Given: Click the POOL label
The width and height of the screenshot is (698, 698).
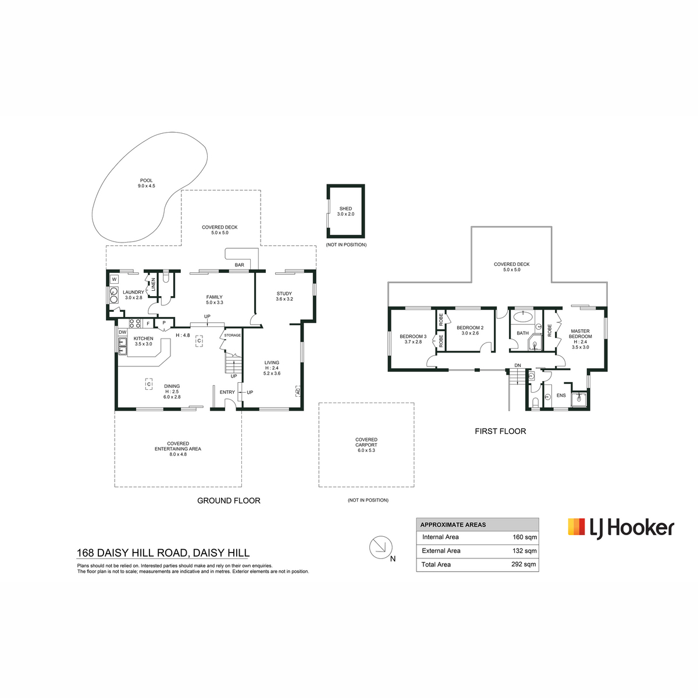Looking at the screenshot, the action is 147,180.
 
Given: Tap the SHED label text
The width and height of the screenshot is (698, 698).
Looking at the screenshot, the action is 346,209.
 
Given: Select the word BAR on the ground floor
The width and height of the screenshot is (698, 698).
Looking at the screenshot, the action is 240,265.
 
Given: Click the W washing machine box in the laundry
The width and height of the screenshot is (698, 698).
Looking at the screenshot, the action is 115,279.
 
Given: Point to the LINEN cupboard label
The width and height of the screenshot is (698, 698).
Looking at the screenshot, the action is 153,284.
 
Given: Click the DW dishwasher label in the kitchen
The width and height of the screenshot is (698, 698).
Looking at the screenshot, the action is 122,332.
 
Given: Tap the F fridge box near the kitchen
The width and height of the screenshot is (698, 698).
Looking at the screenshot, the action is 148,323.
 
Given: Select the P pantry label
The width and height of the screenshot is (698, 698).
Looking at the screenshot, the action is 164,323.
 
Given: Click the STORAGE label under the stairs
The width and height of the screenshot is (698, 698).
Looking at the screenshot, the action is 232,335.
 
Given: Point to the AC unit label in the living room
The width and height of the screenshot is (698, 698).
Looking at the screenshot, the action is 298,391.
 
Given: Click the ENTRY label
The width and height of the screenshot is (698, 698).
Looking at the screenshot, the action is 227,392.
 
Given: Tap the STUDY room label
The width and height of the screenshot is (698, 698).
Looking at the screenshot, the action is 284,293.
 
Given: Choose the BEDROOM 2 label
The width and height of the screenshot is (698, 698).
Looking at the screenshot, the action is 470,327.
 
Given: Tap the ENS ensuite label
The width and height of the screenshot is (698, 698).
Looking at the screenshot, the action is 561,395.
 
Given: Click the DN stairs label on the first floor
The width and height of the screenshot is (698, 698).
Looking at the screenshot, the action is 518,365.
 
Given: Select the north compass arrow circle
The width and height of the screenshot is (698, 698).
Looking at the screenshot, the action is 380,547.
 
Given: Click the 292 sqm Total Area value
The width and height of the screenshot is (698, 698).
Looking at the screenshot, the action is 523,564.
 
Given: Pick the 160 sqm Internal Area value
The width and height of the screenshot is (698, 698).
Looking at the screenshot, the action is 525,537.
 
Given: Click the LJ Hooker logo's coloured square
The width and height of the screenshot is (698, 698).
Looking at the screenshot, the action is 576,526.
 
